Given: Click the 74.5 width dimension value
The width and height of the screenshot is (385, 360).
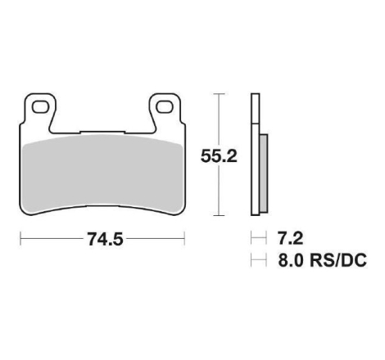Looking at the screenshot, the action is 105,239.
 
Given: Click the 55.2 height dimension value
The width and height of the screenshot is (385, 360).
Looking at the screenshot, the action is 219,156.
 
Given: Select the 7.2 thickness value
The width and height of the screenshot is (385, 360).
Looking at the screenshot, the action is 290,238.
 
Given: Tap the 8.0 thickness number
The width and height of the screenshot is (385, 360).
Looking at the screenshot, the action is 291,260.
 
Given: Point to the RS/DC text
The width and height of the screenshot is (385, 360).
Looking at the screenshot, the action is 338,260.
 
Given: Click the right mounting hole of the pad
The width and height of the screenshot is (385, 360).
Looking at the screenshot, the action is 165,107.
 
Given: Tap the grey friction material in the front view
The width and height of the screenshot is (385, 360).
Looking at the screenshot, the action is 102,174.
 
